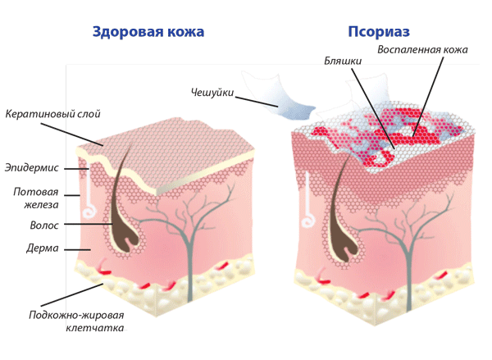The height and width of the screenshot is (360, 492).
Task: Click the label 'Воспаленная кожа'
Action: [x=422, y=49]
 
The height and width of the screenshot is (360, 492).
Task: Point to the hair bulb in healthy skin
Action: [x=125, y=238]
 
